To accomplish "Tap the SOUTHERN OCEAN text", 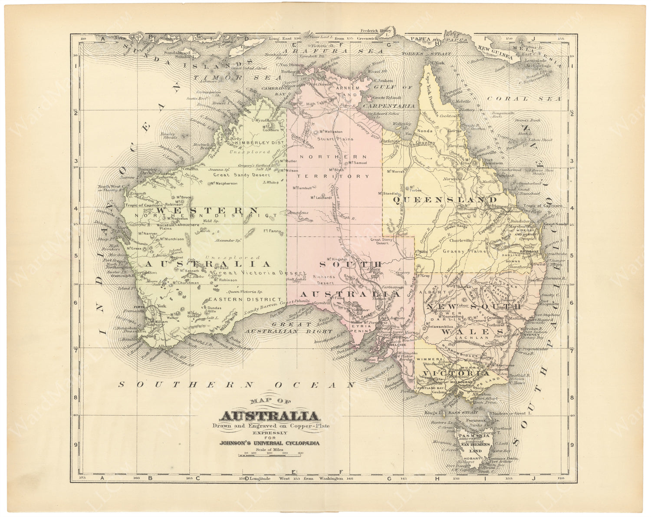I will (237, 385).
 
